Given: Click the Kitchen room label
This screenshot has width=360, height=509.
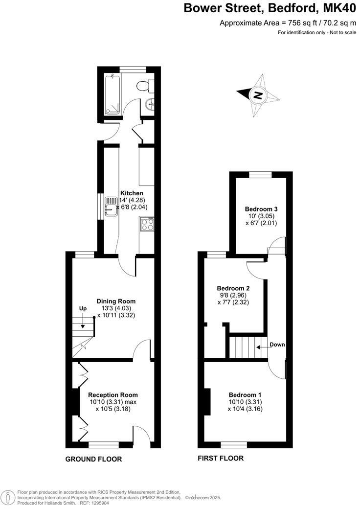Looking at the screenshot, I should click(132, 193).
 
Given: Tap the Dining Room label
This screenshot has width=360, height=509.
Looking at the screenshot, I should click(116, 301).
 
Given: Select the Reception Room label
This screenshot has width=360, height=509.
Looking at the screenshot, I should click(113, 395).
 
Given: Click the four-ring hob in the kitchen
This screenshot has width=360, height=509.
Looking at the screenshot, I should click(146, 225).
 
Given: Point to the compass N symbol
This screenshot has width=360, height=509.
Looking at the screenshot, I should click(258, 95).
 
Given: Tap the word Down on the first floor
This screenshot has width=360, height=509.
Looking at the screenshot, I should click(277, 345).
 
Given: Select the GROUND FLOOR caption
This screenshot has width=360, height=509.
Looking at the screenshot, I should click(93, 459).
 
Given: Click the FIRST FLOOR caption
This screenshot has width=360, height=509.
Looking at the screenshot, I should click(220, 459).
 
